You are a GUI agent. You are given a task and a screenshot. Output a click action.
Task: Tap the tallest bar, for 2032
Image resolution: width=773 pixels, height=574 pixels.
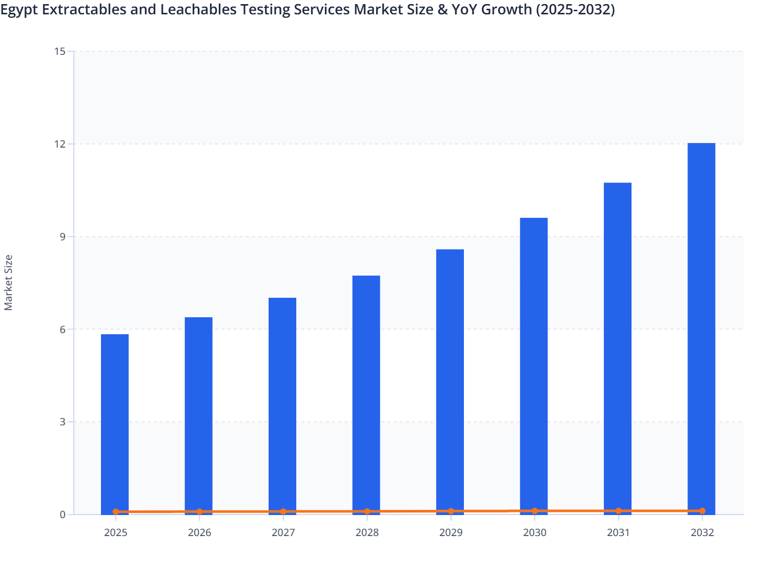click(x=701, y=328)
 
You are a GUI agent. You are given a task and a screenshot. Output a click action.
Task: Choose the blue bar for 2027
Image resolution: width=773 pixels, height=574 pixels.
click(x=282, y=405)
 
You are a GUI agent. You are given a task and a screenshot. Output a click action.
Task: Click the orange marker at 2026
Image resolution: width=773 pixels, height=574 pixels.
click(x=199, y=511)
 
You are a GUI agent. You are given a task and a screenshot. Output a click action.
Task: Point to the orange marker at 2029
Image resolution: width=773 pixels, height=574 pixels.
click(x=451, y=511)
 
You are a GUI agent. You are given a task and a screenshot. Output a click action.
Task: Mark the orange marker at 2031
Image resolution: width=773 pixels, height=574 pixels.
click(x=618, y=511)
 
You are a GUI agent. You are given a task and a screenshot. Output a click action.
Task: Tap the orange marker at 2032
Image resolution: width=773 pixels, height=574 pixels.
click(x=702, y=511)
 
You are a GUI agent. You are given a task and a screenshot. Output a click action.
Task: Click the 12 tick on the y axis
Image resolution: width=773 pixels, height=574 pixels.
click(x=62, y=144)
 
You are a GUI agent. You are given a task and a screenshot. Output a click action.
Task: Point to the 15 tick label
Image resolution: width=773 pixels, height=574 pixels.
click(x=60, y=51)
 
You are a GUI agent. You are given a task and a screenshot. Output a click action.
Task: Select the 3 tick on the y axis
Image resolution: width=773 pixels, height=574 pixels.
click(x=63, y=422)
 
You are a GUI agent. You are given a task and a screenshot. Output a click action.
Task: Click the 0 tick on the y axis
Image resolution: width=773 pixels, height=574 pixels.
click(x=63, y=515)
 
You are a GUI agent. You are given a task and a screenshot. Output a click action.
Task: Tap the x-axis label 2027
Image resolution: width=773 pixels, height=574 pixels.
click(x=283, y=532)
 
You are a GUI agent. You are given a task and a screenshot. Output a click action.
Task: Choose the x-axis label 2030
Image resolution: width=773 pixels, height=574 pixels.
click(x=534, y=532)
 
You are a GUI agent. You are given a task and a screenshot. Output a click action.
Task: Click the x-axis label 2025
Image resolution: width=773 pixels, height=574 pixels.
click(x=115, y=532)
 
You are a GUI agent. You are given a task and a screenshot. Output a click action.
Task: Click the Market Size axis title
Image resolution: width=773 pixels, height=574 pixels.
click(x=9, y=283)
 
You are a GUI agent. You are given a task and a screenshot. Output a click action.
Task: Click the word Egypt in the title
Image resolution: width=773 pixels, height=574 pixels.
click(x=19, y=10)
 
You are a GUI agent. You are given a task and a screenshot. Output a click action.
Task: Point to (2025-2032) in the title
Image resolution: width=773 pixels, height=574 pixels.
click(x=575, y=9)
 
